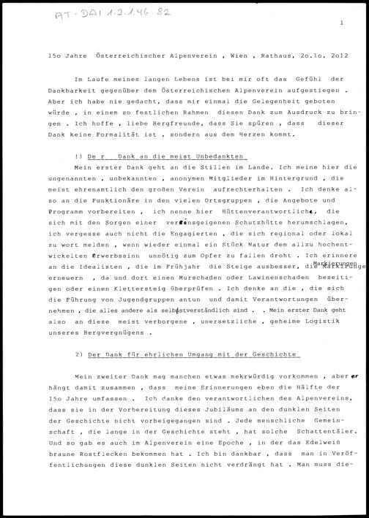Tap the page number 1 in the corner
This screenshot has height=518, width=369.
[x=341, y=24]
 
